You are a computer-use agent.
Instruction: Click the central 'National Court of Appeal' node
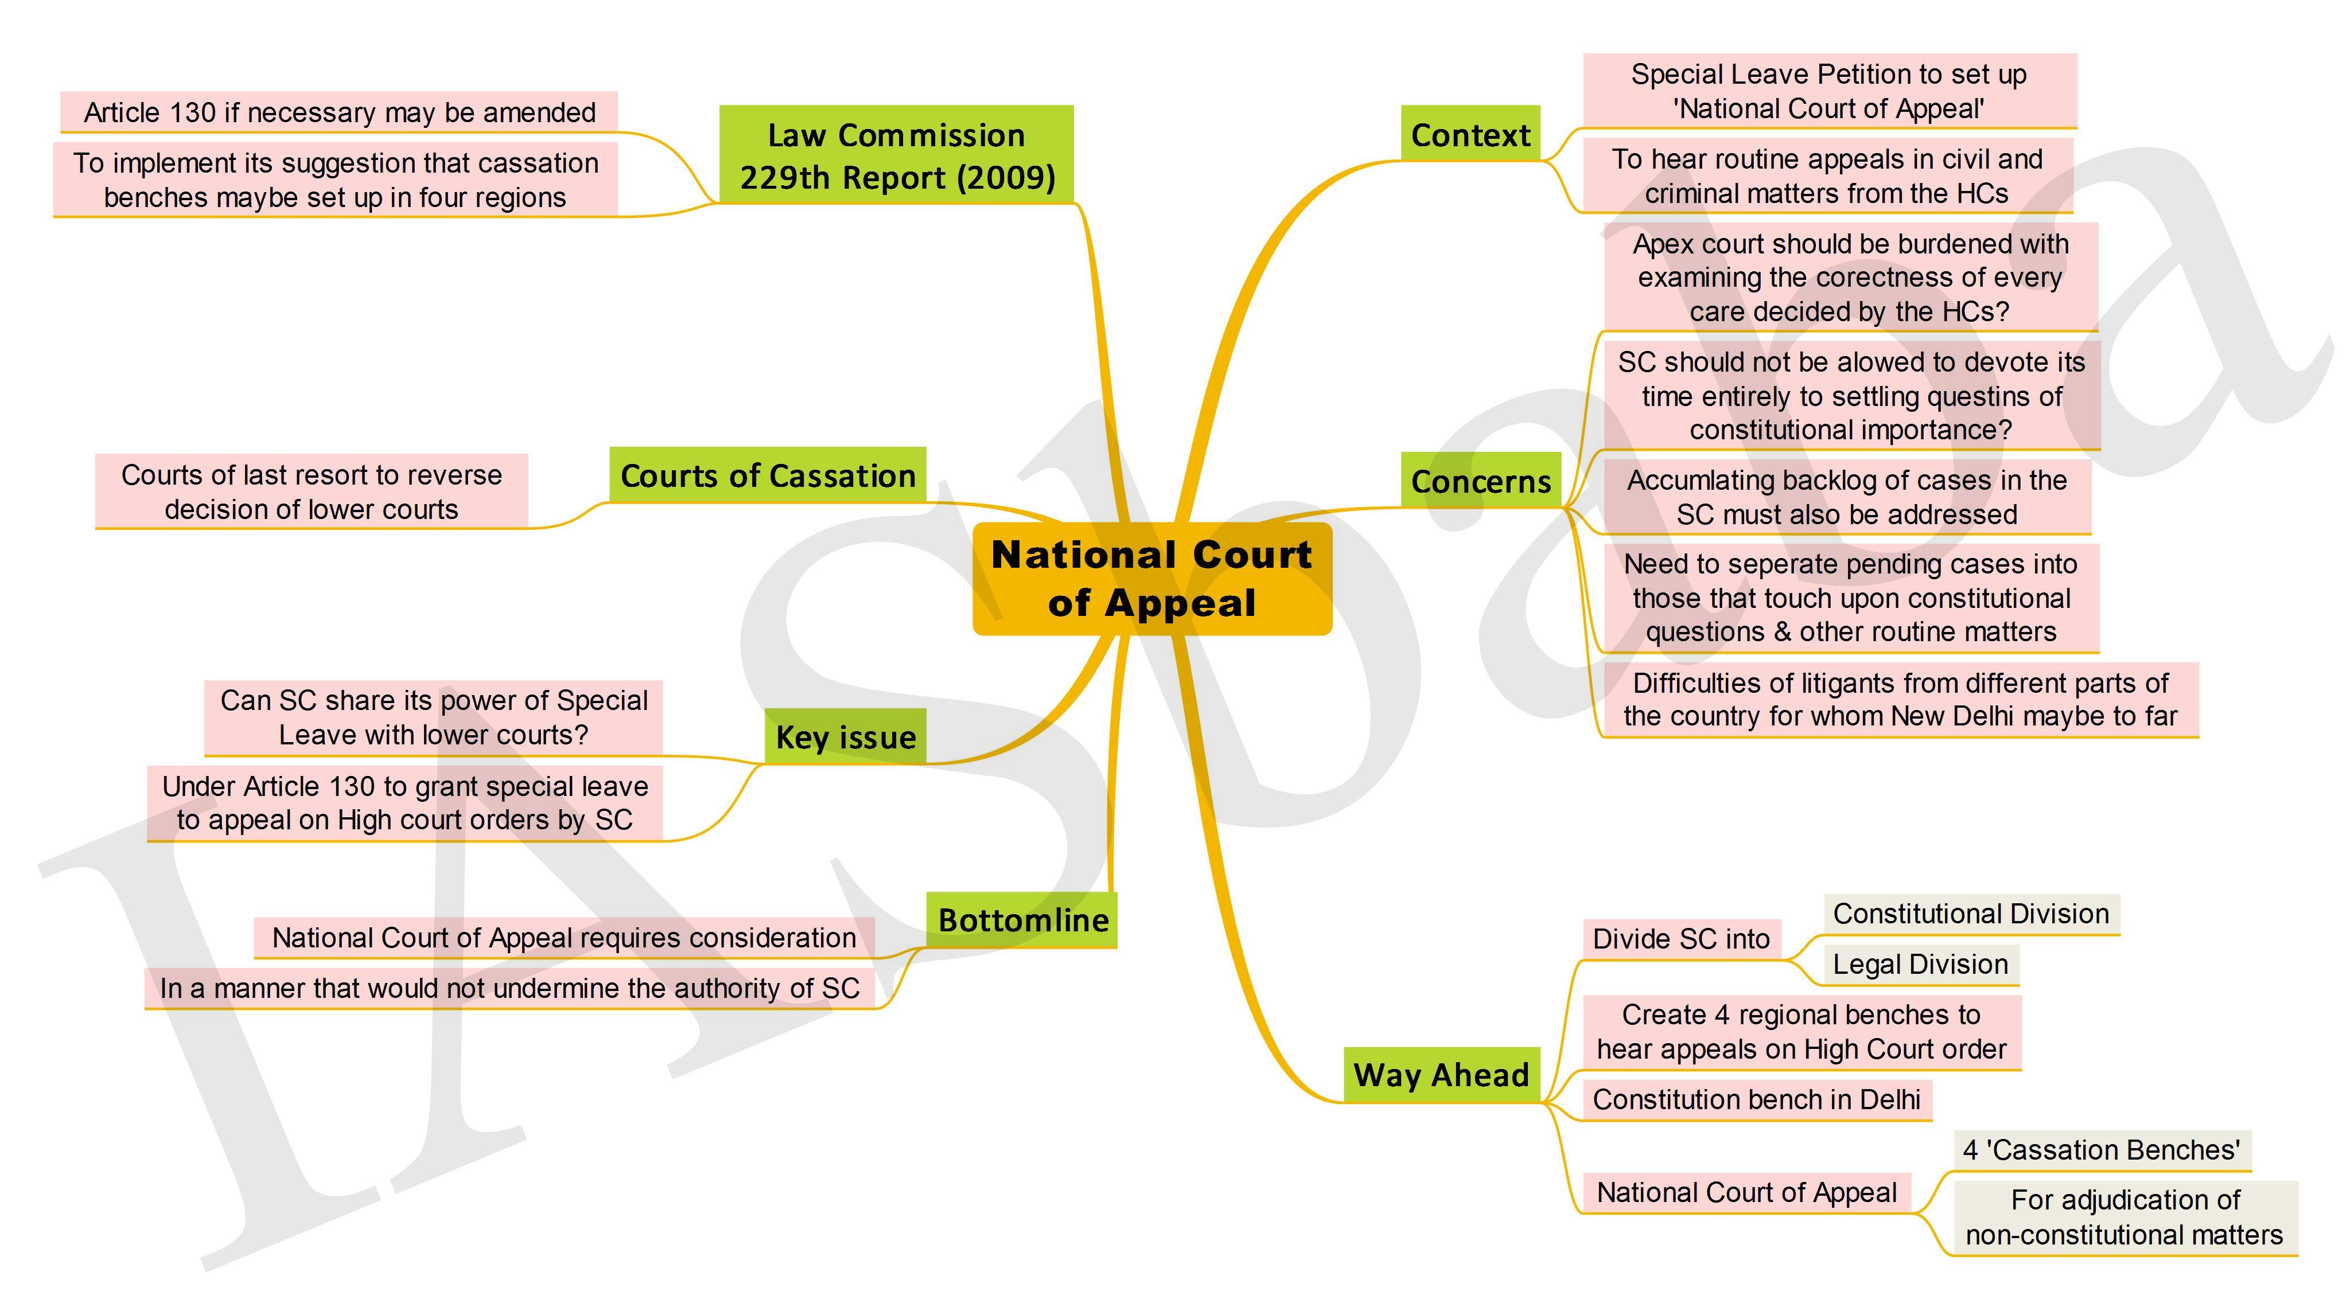(x=1152, y=578)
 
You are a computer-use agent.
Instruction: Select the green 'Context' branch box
(x=1470, y=134)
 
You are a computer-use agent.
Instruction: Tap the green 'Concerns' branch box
(x=1481, y=480)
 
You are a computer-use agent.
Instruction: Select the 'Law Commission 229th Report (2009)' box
(x=897, y=154)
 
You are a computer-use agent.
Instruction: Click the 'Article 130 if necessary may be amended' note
(x=340, y=112)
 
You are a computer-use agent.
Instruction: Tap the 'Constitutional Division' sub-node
(x=1971, y=914)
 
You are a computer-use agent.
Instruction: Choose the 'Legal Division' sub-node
(x=1920, y=964)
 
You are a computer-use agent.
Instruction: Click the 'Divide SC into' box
(x=1681, y=938)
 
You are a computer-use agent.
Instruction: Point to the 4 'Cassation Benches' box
(x=2102, y=1149)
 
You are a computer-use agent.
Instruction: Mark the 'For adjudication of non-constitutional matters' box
(x=2125, y=1218)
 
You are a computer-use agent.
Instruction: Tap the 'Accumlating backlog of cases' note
(x=1847, y=497)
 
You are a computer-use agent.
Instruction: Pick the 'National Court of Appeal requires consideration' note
(x=564, y=938)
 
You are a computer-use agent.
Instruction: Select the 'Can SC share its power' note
(x=433, y=717)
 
